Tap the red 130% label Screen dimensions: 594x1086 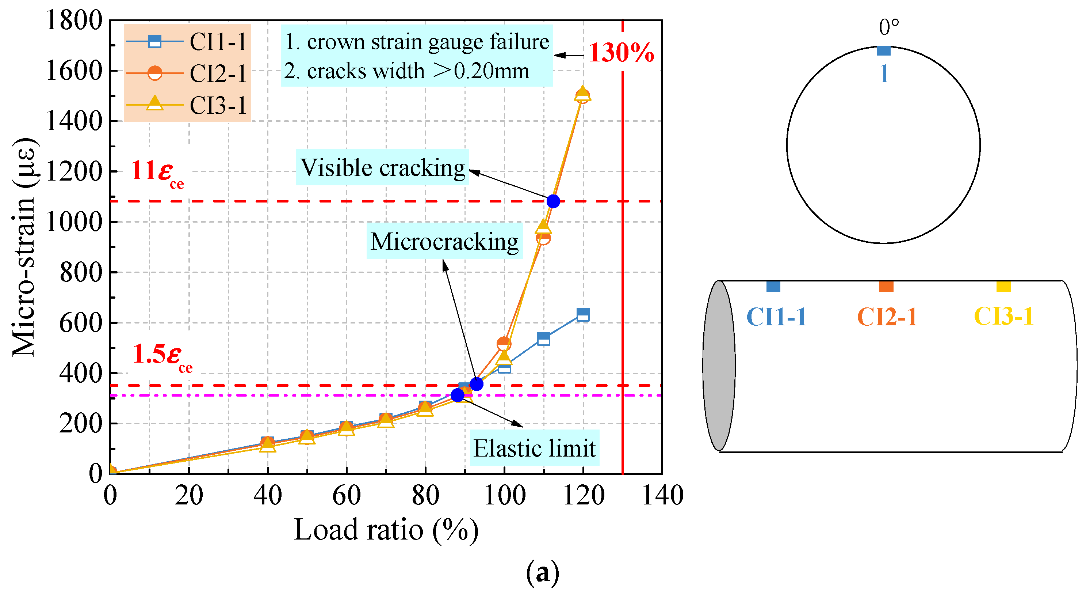(x=621, y=53)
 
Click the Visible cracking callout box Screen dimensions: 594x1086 (x=382, y=167)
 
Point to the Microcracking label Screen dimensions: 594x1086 (x=444, y=241)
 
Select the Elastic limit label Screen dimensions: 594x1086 (x=534, y=448)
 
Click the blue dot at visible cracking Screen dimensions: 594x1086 (x=553, y=201)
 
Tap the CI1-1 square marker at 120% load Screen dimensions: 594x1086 (x=583, y=314)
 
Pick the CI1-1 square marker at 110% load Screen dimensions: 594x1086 (x=543, y=339)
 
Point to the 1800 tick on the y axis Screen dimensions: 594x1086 (x=74, y=20)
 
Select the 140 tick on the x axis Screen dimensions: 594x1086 (x=662, y=495)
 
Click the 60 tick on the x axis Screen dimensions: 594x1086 (x=346, y=495)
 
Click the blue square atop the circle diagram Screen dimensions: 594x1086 (x=883, y=50)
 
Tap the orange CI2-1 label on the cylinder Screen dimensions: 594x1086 (x=887, y=317)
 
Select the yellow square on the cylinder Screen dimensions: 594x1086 (x=1003, y=287)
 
